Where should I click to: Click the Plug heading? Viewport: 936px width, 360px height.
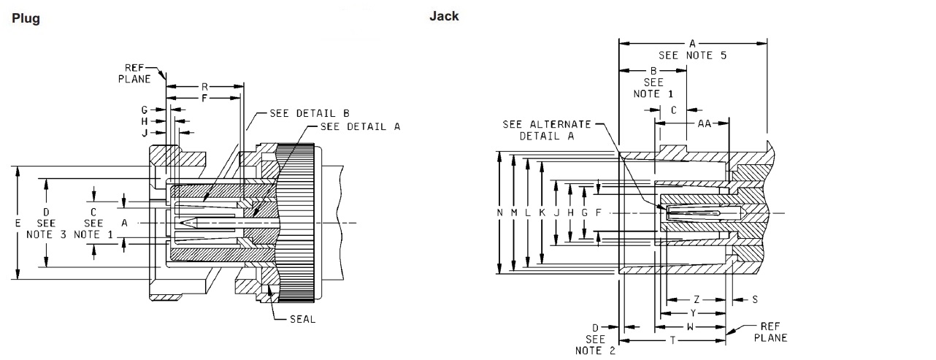click(x=26, y=19)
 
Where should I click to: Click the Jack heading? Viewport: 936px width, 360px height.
click(x=444, y=16)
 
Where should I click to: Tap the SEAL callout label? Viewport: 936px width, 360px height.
click(x=302, y=319)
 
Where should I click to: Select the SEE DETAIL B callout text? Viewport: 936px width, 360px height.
click(x=310, y=113)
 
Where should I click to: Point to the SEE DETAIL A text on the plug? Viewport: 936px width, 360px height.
click(x=360, y=126)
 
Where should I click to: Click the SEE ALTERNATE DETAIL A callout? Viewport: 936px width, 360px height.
click(x=547, y=130)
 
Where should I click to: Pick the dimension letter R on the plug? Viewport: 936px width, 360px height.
click(x=204, y=87)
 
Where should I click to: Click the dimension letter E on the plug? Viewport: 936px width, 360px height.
click(x=18, y=223)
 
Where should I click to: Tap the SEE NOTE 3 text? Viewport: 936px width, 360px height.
click(x=47, y=229)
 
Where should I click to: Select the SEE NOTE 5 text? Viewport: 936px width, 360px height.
click(x=692, y=55)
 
